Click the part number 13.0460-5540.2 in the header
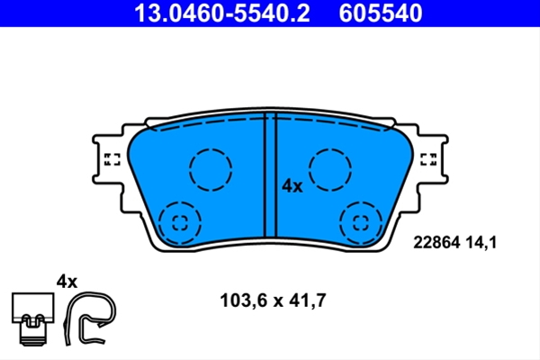click(x=222, y=13)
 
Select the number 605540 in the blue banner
click(x=380, y=13)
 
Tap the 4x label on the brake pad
click(x=292, y=186)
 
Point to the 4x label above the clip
click(x=67, y=282)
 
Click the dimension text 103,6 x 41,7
click(x=273, y=301)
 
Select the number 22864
click(x=436, y=242)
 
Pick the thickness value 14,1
click(x=481, y=242)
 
